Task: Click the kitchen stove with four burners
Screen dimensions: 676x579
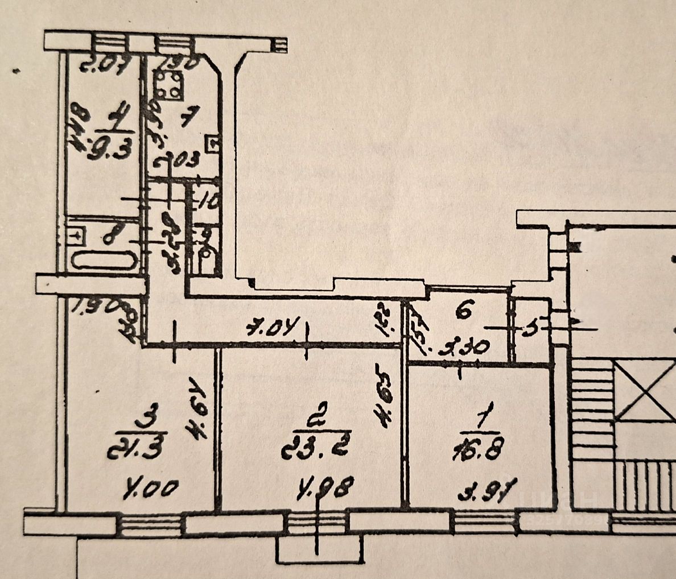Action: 169,85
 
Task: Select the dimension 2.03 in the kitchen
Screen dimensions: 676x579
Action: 178,162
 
